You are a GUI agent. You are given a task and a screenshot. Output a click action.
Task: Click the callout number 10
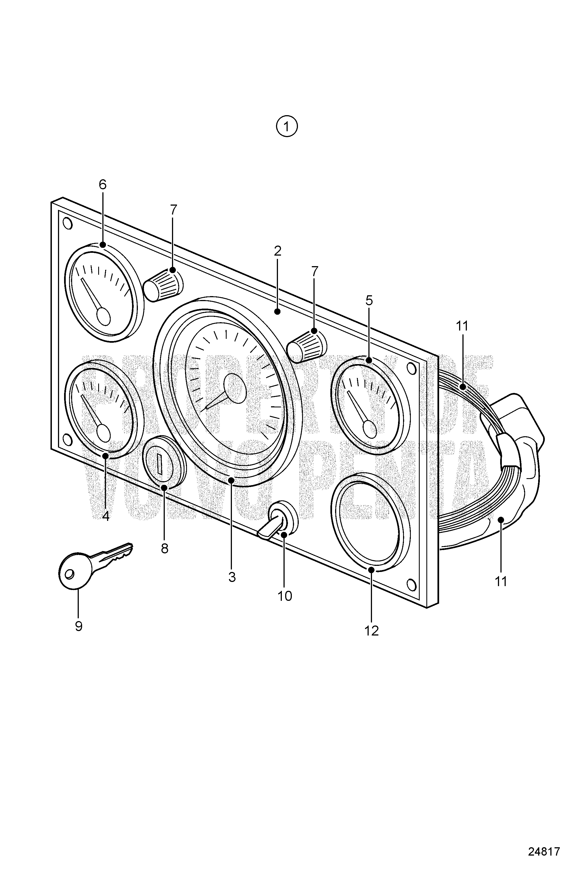tap(285, 596)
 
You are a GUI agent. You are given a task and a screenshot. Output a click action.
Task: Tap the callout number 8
tap(164, 548)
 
